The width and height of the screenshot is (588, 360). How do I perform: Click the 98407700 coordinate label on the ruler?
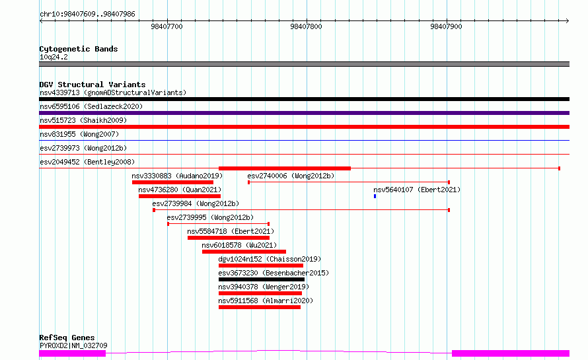(x=166, y=26)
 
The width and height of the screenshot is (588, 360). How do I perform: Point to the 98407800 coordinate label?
(x=306, y=26)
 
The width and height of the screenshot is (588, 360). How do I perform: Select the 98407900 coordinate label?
(x=446, y=26)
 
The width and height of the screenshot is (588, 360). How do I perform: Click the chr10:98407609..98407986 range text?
(x=87, y=15)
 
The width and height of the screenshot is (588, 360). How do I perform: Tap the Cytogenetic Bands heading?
(x=79, y=49)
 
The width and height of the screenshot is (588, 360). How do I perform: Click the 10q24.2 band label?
(x=54, y=57)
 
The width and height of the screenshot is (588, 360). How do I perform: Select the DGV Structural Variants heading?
(x=92, y=85)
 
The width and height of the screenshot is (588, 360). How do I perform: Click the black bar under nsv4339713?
(x=304, y=99)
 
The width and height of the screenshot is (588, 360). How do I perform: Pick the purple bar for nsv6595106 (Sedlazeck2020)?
(x=304, y=113)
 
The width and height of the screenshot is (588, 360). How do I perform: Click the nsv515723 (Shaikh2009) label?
(x=83, y=120)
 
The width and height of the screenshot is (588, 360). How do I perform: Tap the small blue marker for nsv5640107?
(x=375, y=196)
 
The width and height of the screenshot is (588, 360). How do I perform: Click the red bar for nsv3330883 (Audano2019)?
(x=172, y=182)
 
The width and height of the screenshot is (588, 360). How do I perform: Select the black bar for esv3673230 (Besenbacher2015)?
(x=262, y=279)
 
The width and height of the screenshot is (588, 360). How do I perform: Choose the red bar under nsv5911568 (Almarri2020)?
(x=260, y=307)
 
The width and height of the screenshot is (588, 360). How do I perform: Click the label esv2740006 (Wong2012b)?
(x=291, y=176)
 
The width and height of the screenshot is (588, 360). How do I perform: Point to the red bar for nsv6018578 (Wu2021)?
(x=244, y=252)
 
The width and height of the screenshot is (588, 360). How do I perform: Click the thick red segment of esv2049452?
(x=285, y=168)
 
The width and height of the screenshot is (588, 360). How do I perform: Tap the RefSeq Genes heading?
(x=67, y=338)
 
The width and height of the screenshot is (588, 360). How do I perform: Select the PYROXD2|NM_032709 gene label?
(x=73, y=345)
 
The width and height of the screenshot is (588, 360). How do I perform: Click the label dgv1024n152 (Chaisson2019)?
(x=270, y=259)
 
